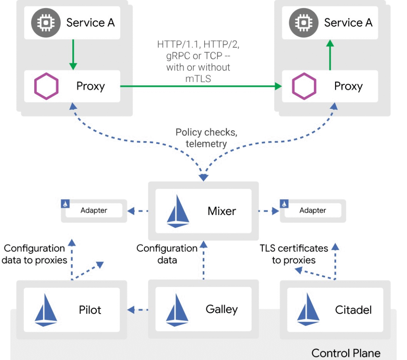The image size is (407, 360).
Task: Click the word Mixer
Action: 222,211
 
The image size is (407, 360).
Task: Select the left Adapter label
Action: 94,211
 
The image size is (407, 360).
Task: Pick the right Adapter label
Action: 313,211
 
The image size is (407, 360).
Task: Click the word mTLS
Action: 198,78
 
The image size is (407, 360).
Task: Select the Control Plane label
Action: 346,353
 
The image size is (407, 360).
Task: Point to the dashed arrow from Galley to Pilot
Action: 138,310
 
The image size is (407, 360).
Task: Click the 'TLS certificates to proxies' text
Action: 294,254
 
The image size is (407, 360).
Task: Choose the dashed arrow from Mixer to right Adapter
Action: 268,211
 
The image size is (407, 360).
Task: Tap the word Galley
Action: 222,309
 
